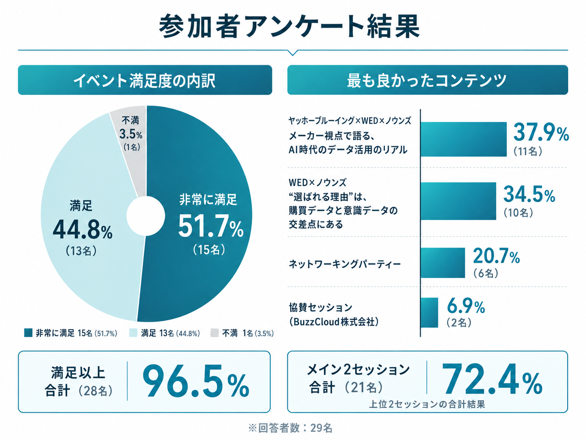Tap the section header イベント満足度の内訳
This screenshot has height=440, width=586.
point(144,80)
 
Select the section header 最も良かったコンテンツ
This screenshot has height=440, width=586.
point(427,80)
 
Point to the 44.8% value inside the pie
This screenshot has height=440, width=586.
point(83,230)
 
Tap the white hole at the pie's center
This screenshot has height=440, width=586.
point(146,216)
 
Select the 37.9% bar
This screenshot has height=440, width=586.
point(464,139)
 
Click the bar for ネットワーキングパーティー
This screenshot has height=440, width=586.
point(443,263)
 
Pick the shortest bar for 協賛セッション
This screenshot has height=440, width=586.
point(429,312)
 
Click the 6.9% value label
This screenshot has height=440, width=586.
point(466,306)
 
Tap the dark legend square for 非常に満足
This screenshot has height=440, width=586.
point(28,333)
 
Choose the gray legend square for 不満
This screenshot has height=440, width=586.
point(214,333)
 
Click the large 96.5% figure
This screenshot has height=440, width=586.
point(196,381)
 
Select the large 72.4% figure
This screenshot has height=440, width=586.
point(492,379)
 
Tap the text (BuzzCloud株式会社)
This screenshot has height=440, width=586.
point(334,322)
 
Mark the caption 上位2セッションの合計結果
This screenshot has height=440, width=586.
point(427,404)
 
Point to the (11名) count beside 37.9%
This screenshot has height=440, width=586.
point(528,152)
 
